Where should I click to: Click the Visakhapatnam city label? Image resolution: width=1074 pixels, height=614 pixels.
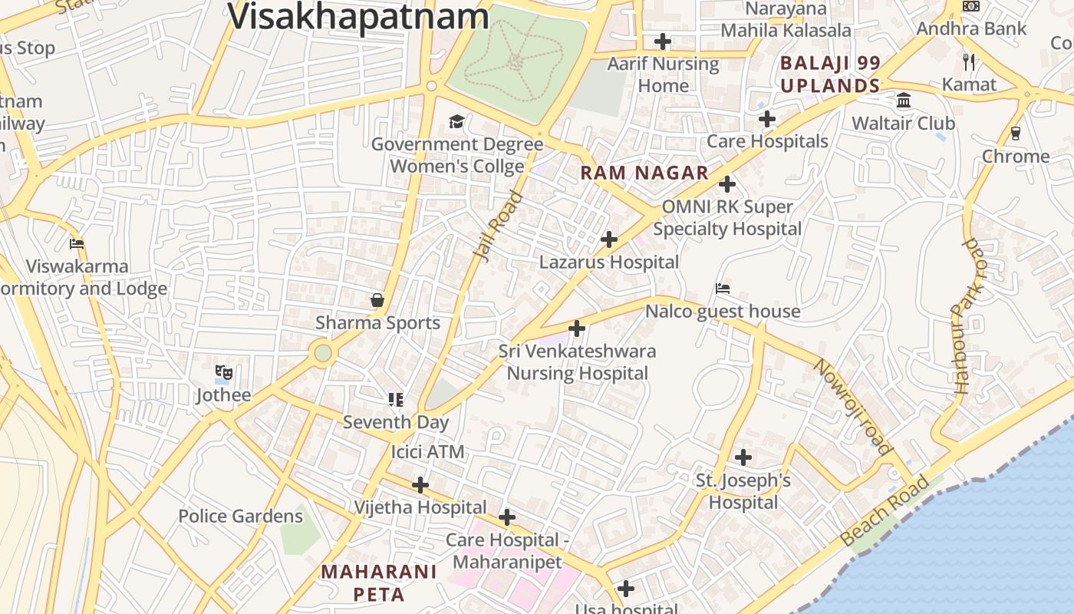pos(358,16)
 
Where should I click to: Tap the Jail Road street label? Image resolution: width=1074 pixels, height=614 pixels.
pos(498,226)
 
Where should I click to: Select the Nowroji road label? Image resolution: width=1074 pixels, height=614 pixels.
pos(853,407)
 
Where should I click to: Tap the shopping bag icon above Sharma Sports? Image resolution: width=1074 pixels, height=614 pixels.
pos(377,300)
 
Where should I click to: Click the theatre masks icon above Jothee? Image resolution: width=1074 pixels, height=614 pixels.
pos(223,373)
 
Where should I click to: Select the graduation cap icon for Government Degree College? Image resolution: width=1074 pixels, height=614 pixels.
pos(456,122)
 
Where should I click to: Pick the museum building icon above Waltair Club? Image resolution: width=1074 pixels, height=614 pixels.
pos(904,101)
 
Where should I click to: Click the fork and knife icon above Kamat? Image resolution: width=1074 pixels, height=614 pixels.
pos(969,61)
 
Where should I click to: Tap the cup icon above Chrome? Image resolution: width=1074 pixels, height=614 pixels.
pos(1016,134)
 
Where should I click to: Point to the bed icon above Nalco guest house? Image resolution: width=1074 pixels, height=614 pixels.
pos(722,289)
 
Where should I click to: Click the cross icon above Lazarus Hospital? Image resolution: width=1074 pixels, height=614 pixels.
pos(609,239)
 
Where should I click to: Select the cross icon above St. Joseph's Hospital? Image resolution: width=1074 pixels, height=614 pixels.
pos(743,457)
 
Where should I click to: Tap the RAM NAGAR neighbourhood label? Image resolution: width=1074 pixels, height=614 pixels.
pos(644,173)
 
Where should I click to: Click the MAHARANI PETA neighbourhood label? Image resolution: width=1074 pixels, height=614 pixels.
pos(379,583)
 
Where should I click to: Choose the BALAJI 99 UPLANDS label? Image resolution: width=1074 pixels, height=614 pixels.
pos(830,74)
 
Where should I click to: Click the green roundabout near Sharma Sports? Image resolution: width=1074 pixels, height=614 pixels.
pos(323,353)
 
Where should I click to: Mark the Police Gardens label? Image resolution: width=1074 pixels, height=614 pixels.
pos(241,517)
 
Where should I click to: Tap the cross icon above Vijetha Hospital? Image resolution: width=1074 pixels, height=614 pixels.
pos(420,485)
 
